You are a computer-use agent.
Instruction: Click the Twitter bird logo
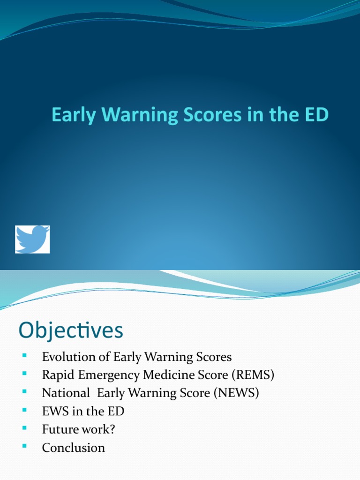pos(32,240)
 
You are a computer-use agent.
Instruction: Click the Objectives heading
pos(71,330)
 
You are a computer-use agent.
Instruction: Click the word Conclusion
pos(74,448)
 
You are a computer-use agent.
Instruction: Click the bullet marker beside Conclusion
pos(22,448)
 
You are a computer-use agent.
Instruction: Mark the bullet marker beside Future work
pos(22,429)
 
